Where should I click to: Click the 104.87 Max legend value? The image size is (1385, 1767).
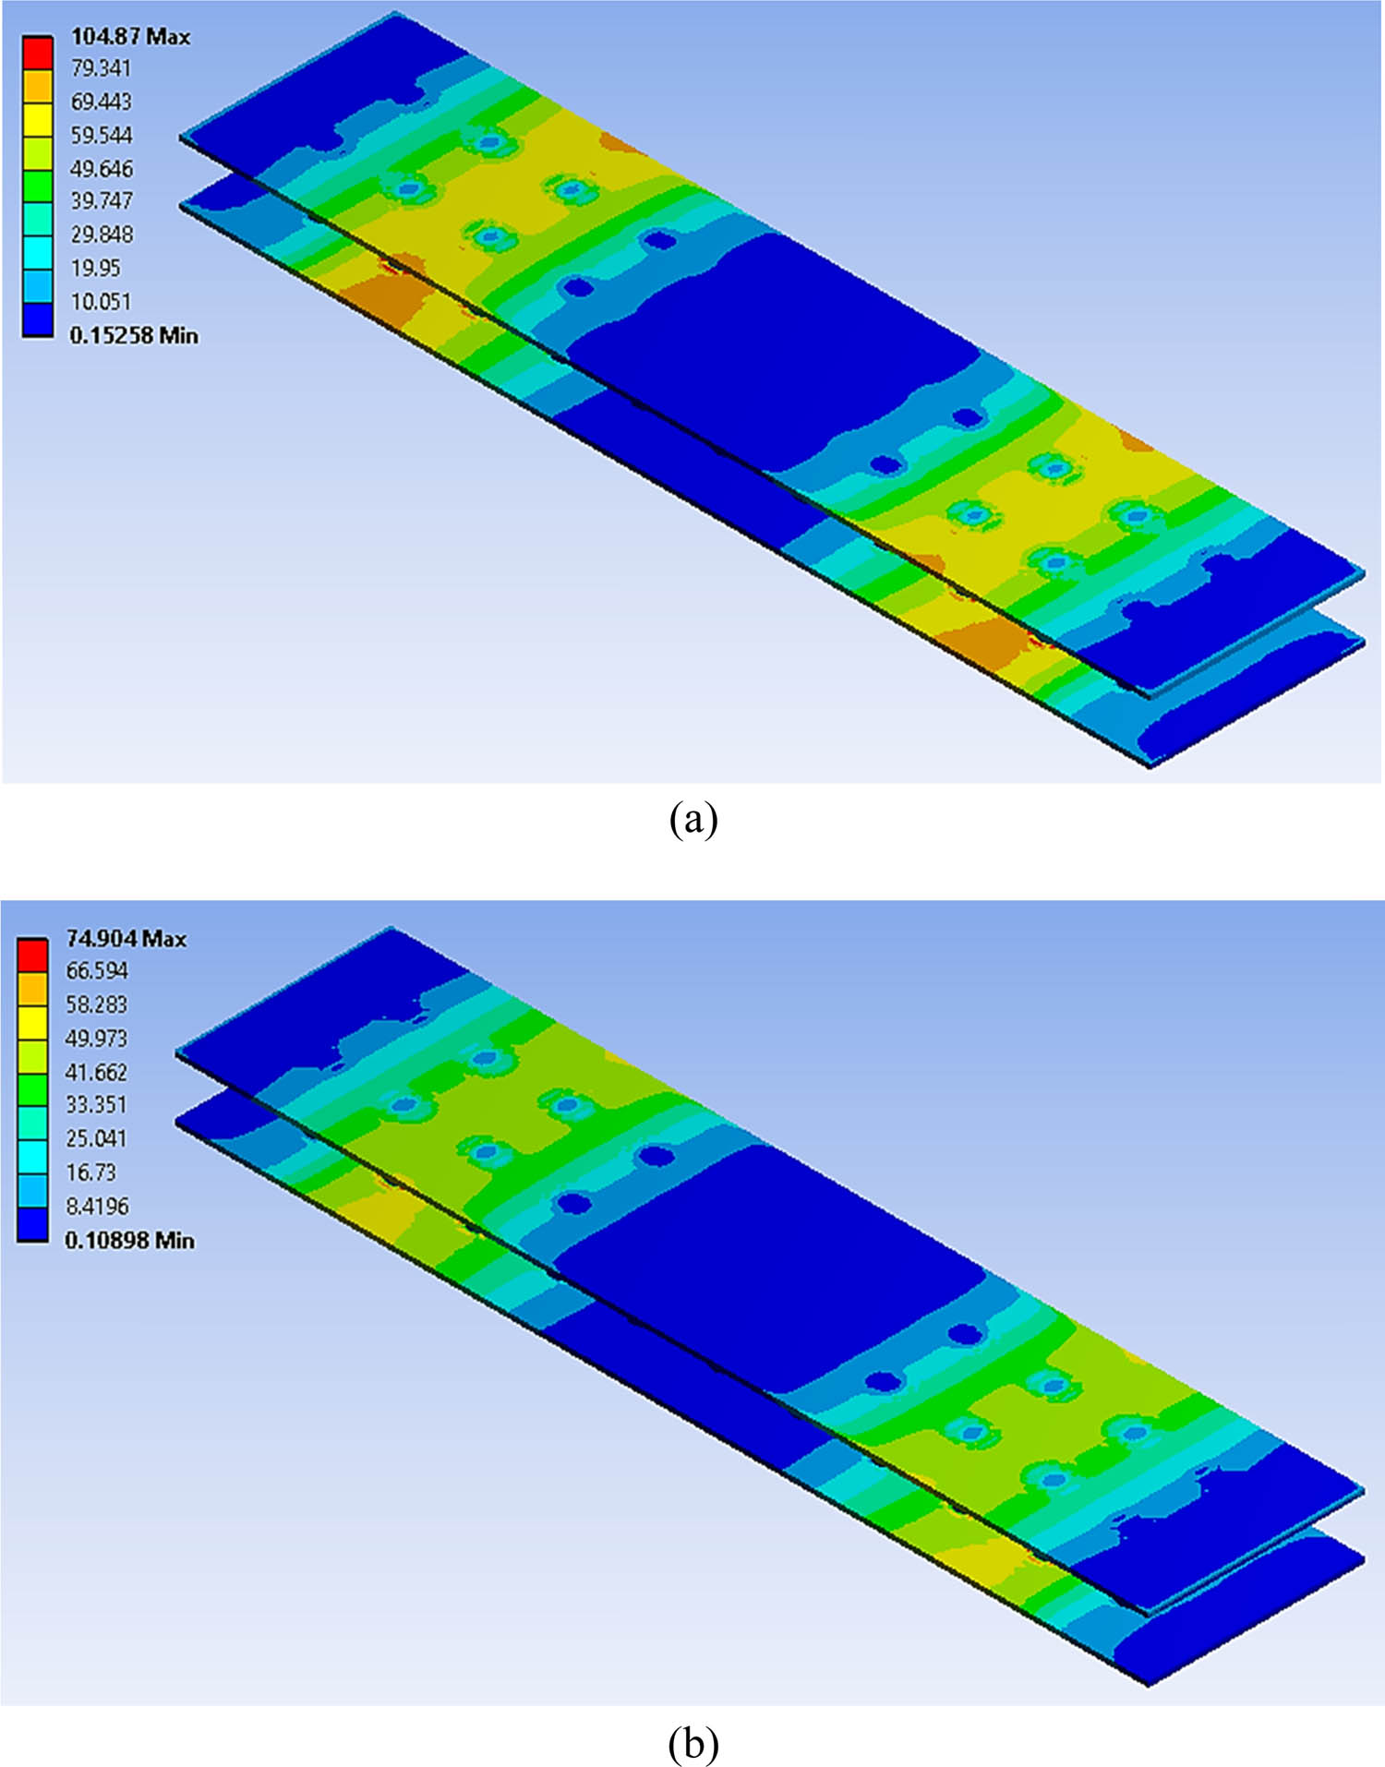click(130, 37)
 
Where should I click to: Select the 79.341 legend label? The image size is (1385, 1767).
click(101, 69)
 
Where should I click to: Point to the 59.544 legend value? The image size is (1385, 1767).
click(101, 136)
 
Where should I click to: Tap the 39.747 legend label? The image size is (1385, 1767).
click(101, 201)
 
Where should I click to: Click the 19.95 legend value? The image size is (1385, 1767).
click(95, 269)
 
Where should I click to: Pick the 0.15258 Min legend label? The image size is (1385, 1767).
click(134, 335)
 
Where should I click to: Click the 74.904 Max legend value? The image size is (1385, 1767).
click(126, 939)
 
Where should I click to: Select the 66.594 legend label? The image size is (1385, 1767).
click(96, 971)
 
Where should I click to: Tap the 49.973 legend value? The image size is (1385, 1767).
click(96, 1039)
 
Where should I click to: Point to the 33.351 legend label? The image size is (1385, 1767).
click(96, 1105)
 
